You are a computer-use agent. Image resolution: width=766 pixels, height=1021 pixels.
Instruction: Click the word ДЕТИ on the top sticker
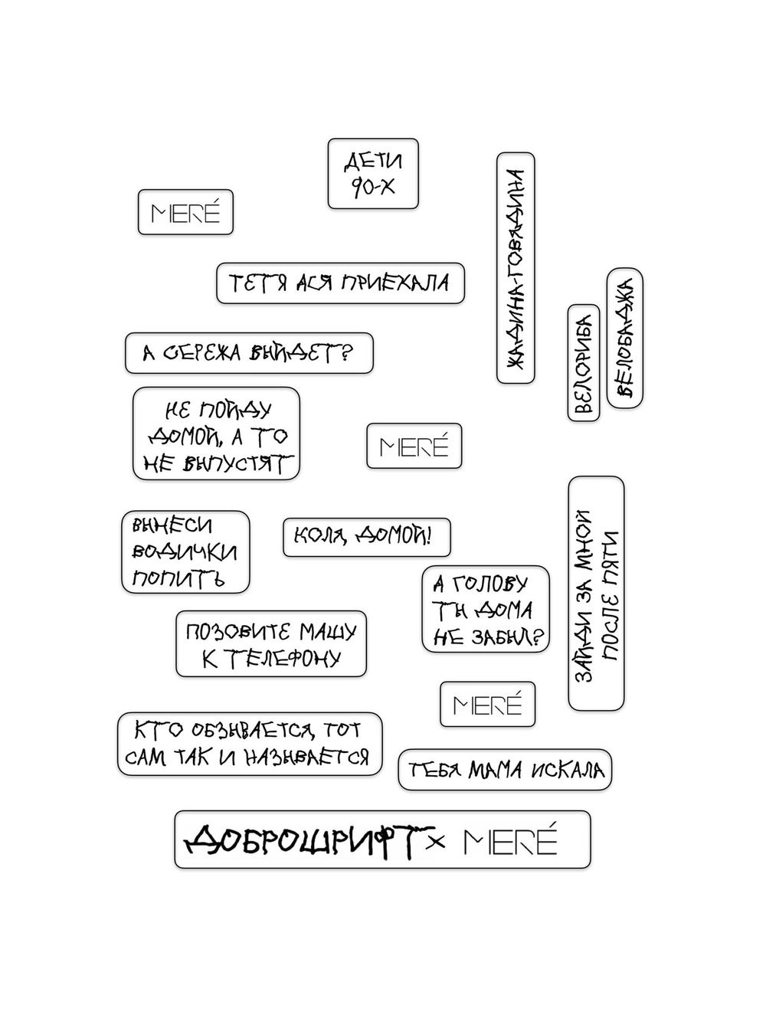374,162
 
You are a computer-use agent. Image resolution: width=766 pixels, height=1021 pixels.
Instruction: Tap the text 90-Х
372,187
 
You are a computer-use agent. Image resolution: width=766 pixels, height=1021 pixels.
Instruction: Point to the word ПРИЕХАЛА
394,283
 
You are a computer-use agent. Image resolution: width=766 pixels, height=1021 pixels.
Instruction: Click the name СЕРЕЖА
202,353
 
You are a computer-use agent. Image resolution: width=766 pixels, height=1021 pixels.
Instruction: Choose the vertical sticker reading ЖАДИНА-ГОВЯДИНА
516,268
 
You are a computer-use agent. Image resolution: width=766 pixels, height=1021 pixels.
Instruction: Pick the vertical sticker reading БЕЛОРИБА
583,363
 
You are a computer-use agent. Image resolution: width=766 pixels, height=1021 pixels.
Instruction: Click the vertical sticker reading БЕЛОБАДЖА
624,338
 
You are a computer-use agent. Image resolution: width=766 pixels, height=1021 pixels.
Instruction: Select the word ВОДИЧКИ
185,552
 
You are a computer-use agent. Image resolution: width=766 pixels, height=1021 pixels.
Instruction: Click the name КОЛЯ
320,536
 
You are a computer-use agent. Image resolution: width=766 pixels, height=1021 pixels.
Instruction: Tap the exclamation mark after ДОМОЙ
429,535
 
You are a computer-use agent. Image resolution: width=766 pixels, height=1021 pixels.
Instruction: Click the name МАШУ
327,632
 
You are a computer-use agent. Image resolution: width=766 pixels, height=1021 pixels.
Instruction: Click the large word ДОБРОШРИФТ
309,841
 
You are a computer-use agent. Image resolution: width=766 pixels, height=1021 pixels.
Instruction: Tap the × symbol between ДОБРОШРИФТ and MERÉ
436,842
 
